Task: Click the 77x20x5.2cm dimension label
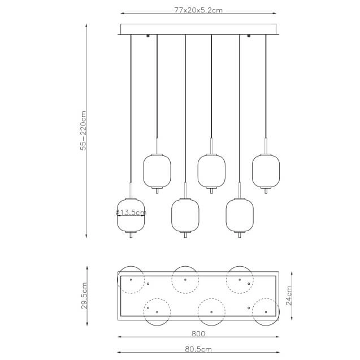pyautogui.click(x=198, y=10)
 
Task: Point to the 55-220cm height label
pyautogui.click(x=83, y=131)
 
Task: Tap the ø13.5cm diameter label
pyautogui.click(x=131, y=212)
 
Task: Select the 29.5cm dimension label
pyautogui.click(x=84, y=296)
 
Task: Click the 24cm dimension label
pyautogui.click(x=289, y=296)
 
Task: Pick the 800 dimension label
pyautogui.click(x=198, y=333)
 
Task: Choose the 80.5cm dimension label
pyautogui.click(x=198, y=349)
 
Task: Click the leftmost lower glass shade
pyautogui.click(x=131, y=215)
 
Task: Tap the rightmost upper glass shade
pyautogui.click(x=266, y=171)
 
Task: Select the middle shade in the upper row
pyautogui.click(x=211, y=171)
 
